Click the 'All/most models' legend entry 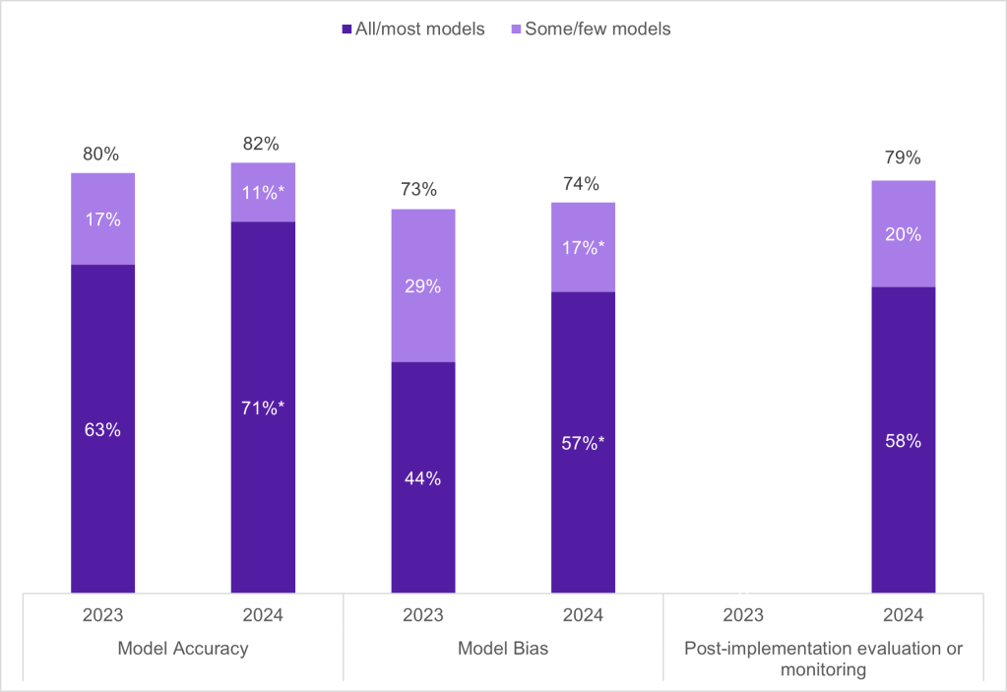[412, 30]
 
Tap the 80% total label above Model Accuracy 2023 [101, 155]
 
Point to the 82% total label [263, 144]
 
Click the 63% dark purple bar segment [101, 429]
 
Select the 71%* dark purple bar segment [263, 407]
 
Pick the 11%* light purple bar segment [263, 193]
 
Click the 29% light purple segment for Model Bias [423, 286]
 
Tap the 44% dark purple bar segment [423, 478]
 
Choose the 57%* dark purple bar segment [583, 443]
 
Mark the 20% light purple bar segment [903, 234]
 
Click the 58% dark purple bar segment [903, 441]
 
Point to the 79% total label [903, 158]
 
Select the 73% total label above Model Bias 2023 [423, 190]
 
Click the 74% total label [583, 183]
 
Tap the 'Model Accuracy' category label [182, 649]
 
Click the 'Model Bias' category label [503, 649]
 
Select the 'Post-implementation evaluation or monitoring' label [823, 660]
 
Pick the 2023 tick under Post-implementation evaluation [743, 615]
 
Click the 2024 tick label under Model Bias [583, 615]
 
